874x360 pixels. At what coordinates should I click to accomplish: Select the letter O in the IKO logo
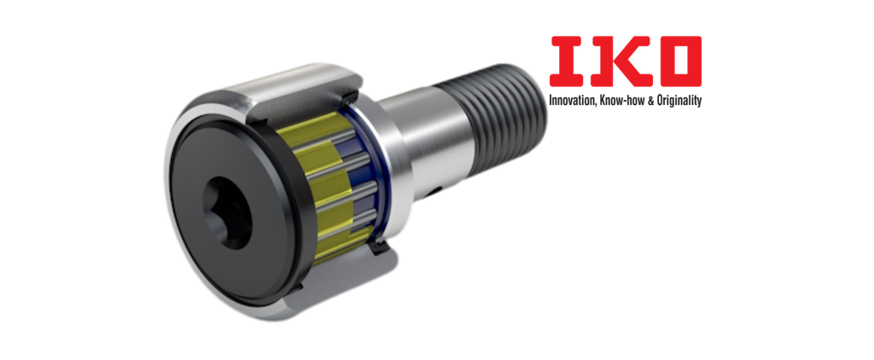point(678,61)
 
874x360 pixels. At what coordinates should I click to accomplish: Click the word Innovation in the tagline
point(572,101)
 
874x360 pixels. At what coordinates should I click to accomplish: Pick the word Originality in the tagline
point(676,102)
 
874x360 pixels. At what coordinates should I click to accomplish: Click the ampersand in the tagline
point(644,101)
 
